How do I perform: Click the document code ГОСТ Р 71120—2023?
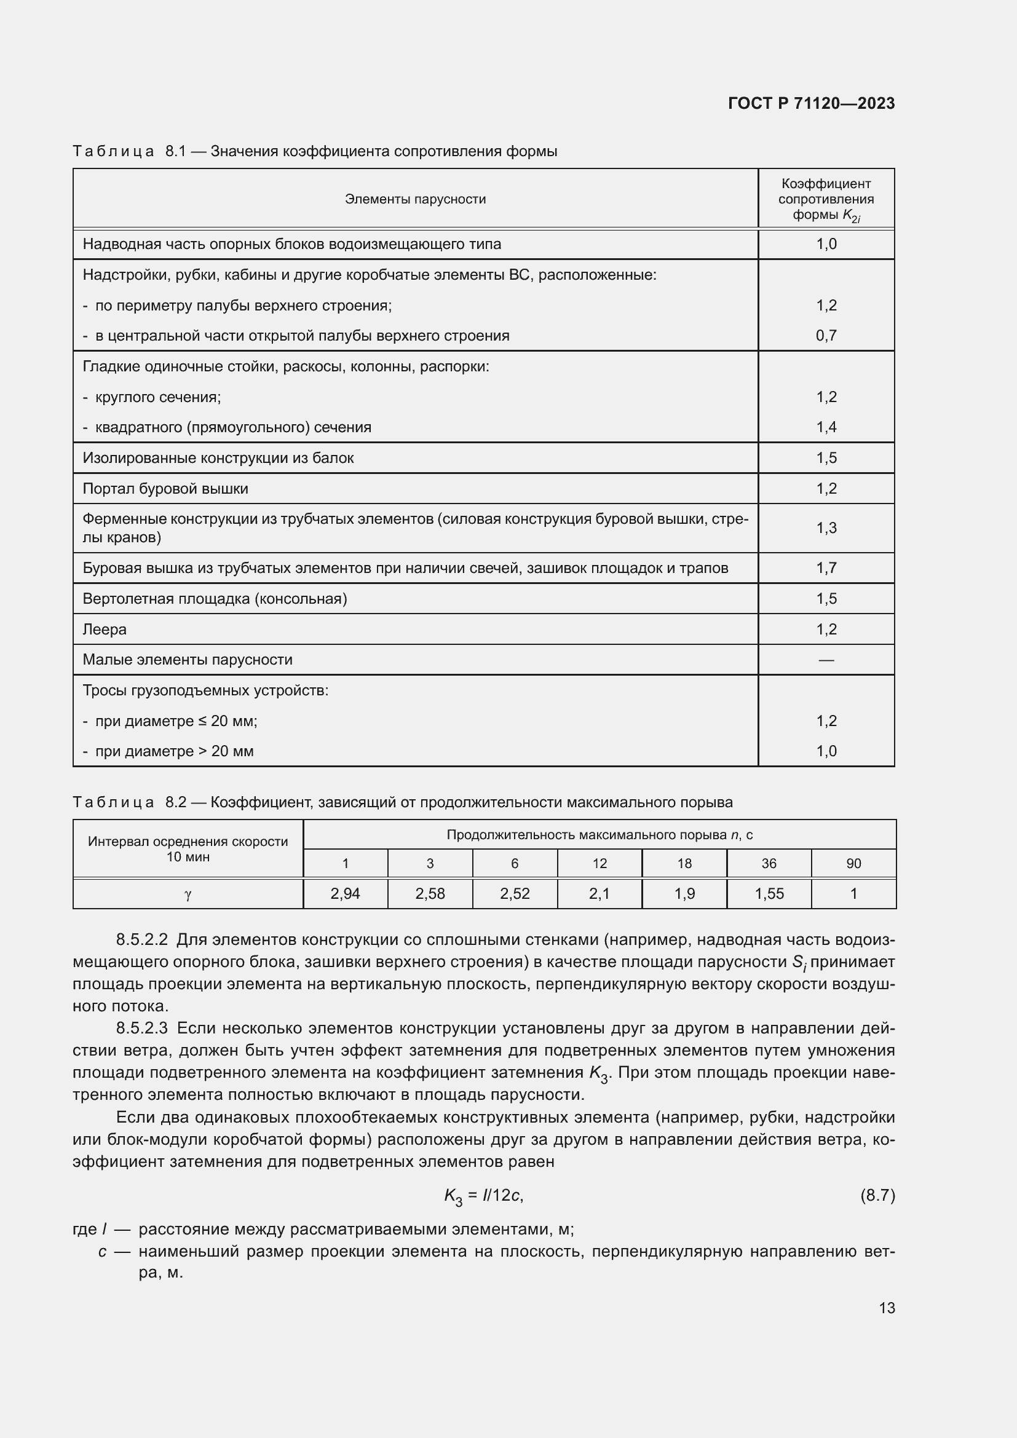(811, 103)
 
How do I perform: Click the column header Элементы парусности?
(415, 199)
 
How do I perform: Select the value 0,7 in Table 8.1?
(826, 336)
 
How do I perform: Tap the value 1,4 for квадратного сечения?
(826, 427)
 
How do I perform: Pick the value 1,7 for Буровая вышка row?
(826, 568)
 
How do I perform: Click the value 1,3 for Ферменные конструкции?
(826, 528)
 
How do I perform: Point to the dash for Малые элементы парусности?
(826, 660)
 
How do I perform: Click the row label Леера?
(105, 630)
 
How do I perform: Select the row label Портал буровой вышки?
(165, 489)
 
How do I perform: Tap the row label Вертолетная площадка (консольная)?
(215, 599)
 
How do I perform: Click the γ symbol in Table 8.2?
(188, 895)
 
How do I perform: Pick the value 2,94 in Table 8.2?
(345, 894)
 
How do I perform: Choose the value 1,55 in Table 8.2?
(769, 894)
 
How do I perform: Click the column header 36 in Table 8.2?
(769, 864)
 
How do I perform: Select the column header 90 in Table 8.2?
(853, 864)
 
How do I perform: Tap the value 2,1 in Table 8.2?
(600, 894)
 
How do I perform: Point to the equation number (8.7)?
(877, 1196)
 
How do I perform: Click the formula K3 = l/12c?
(483, 1196)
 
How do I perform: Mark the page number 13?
(887, 1308)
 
